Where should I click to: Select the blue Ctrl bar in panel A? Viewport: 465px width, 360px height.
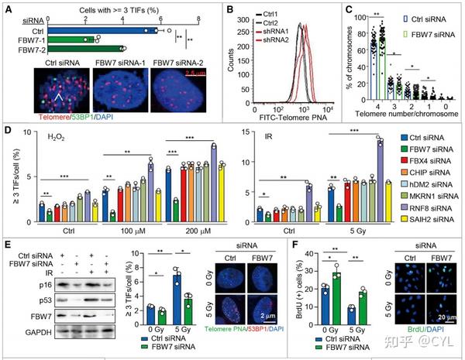[101, 31]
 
